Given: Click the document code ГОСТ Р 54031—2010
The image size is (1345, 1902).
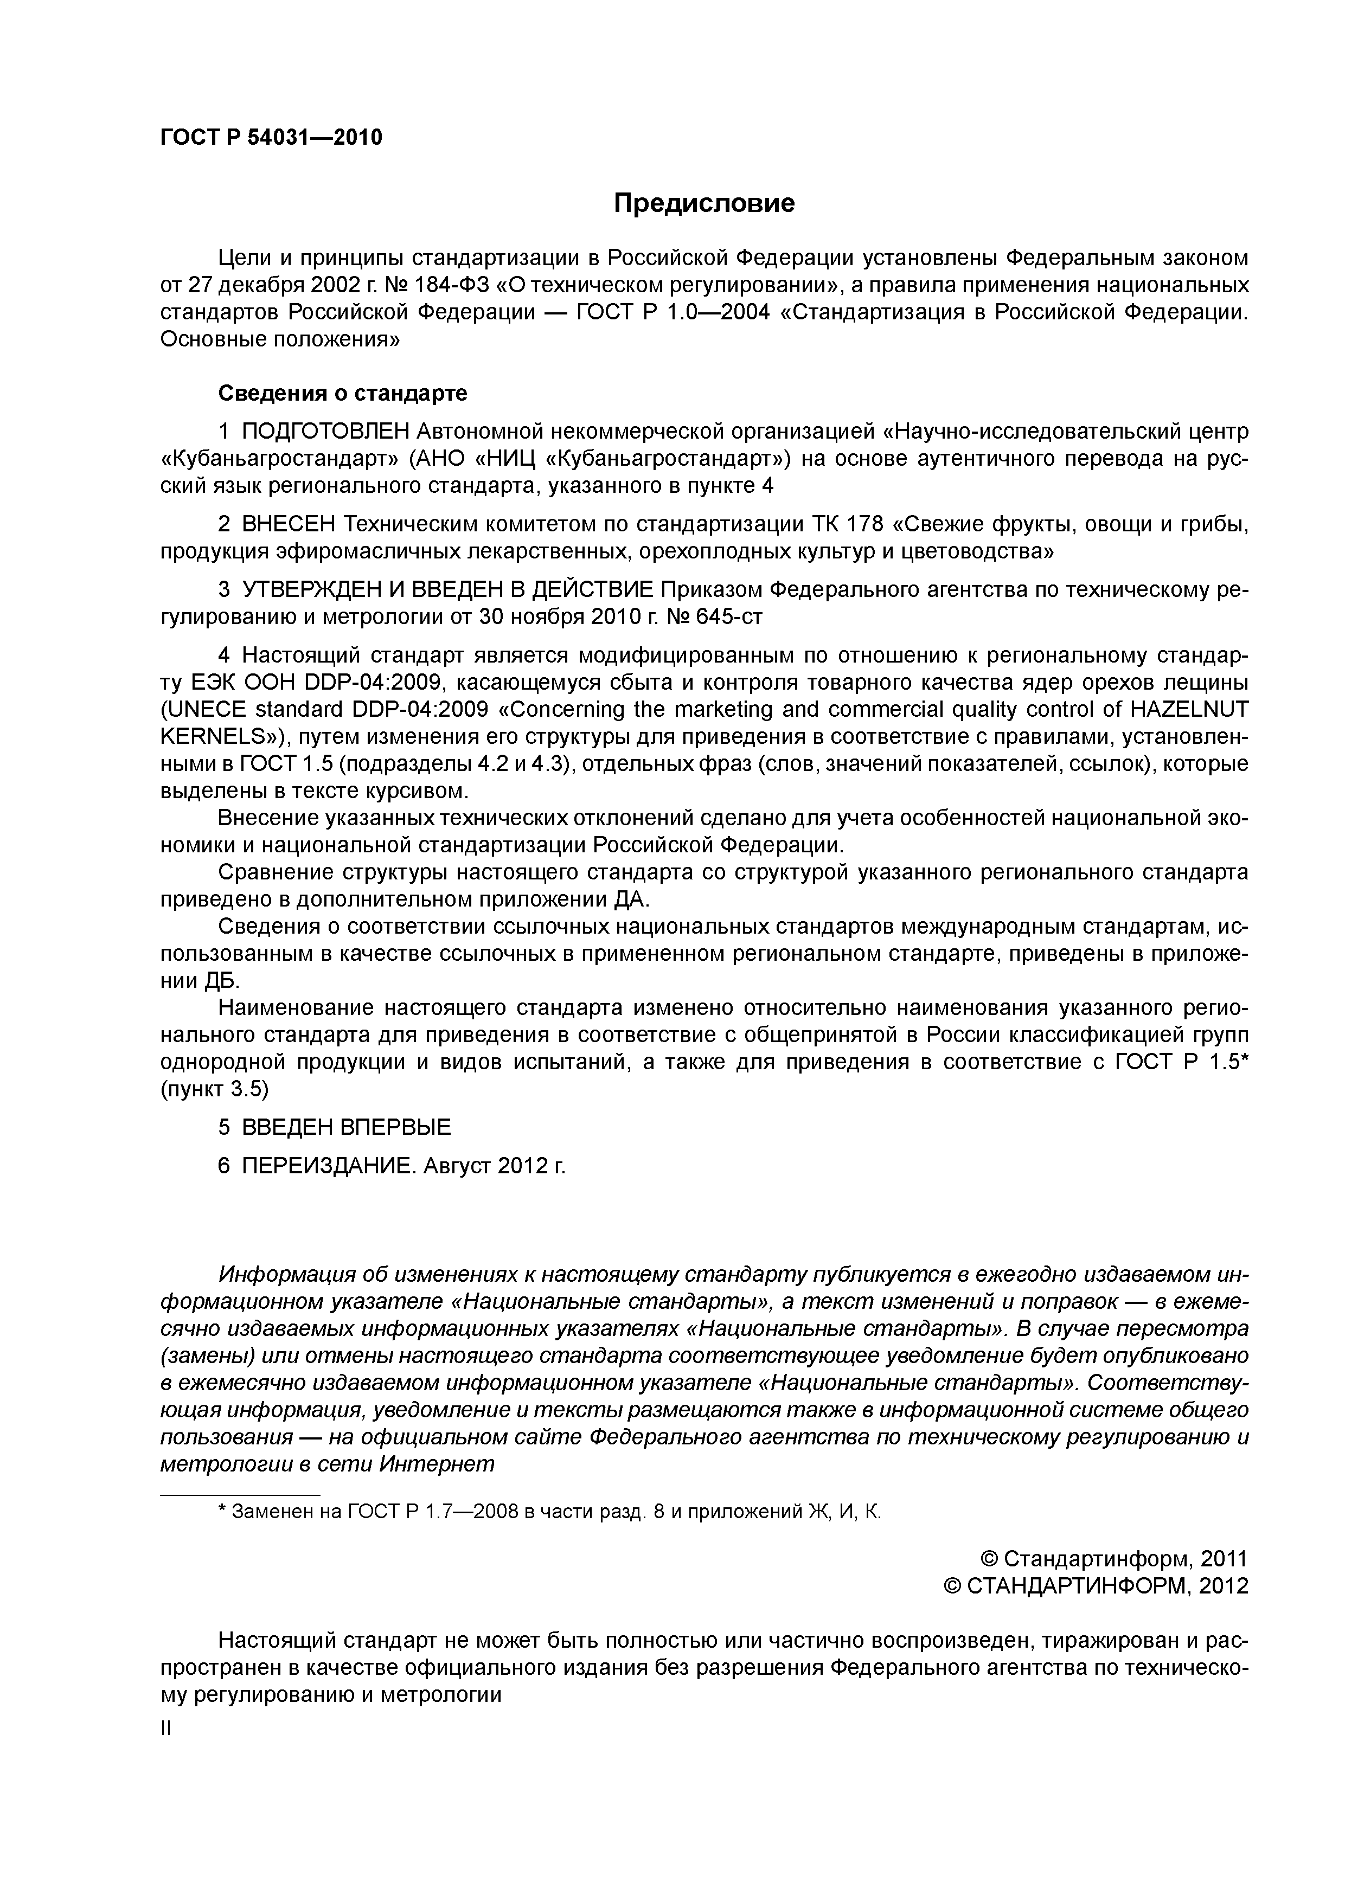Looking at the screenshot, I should [271, 138].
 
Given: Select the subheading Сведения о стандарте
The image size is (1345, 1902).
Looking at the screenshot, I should [342, 393].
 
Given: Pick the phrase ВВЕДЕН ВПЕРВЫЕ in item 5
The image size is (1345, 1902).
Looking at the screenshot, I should [347, 1127].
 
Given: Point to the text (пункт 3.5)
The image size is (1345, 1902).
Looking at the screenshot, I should [215, 1089].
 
